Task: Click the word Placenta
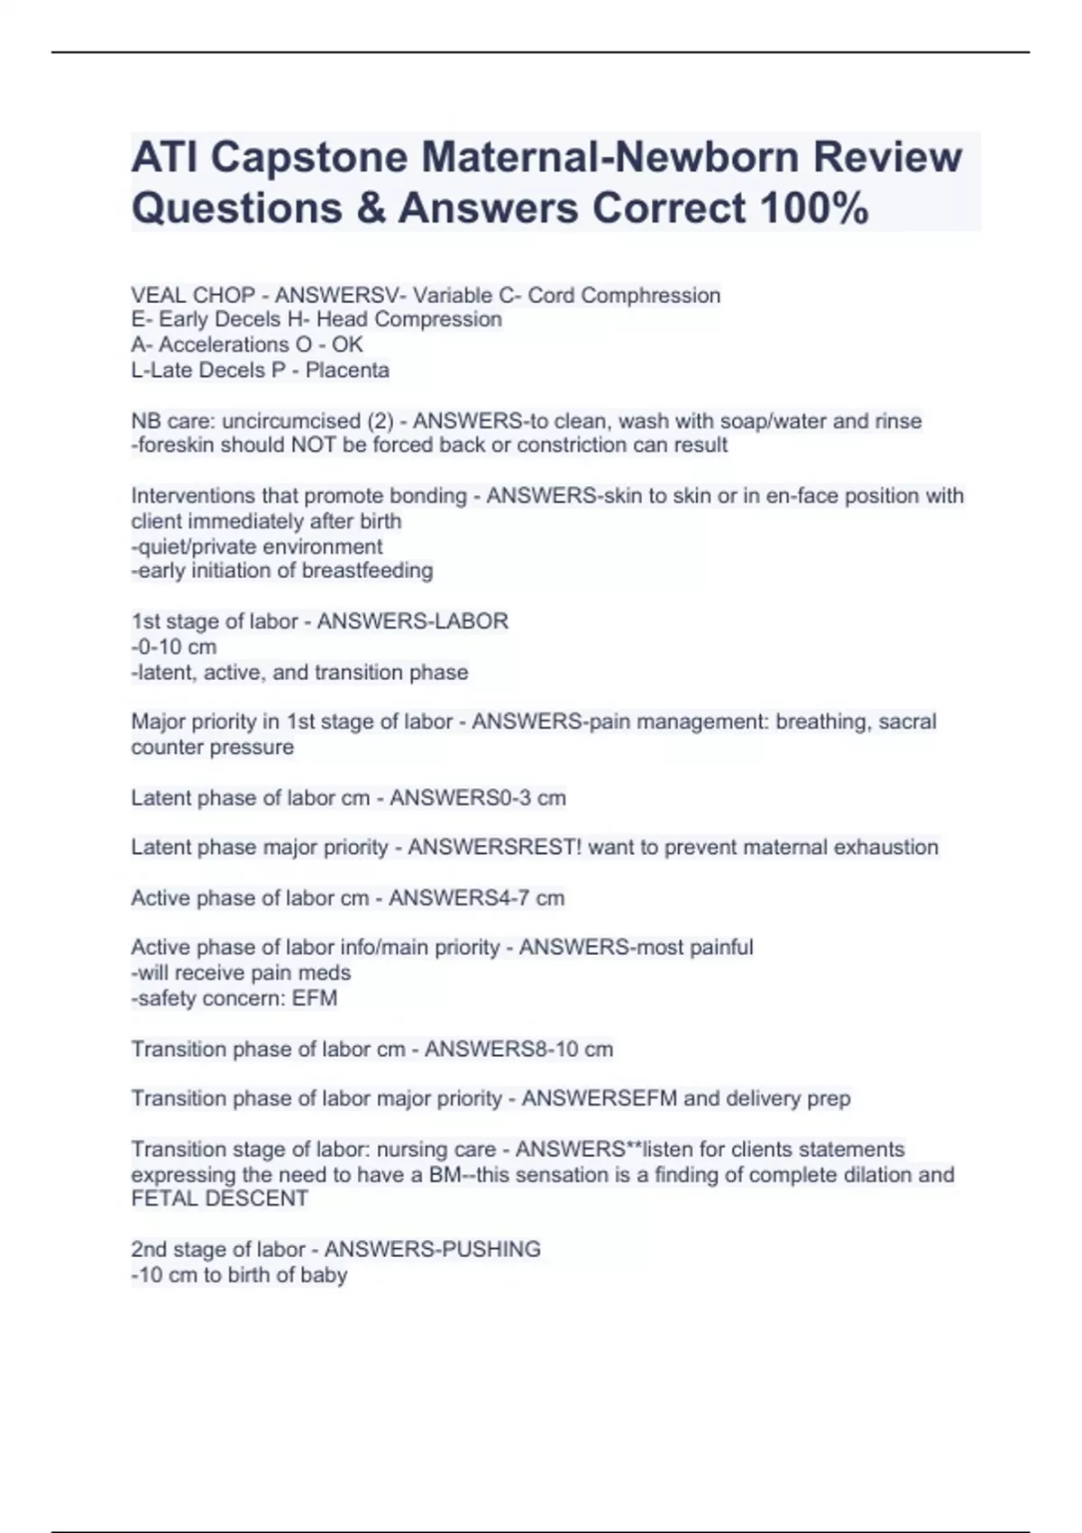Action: [x=347, y=370]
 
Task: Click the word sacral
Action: [x=907, y=721]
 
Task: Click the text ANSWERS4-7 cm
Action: [x=476, y=898]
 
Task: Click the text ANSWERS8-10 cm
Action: [x=518, y=1049]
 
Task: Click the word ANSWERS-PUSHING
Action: [x=432, y=1249]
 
